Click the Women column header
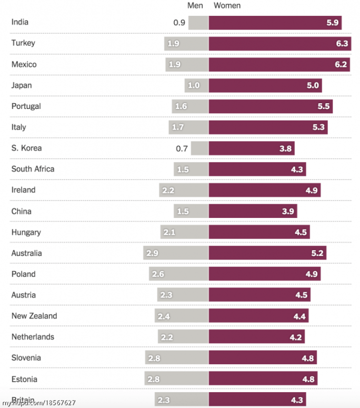(x=227, y=6)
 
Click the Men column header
(x=195, y=6)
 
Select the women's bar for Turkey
(x=274, y=44)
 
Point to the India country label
(x=20, y=22)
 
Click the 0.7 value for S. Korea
(x=182, y=148)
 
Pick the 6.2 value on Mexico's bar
(x=341, y=65)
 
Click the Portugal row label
(x=26, y=106)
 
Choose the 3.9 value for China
(x=288, y=211)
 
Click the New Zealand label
(x=34, y=316)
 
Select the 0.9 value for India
(x=179, y=23)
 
